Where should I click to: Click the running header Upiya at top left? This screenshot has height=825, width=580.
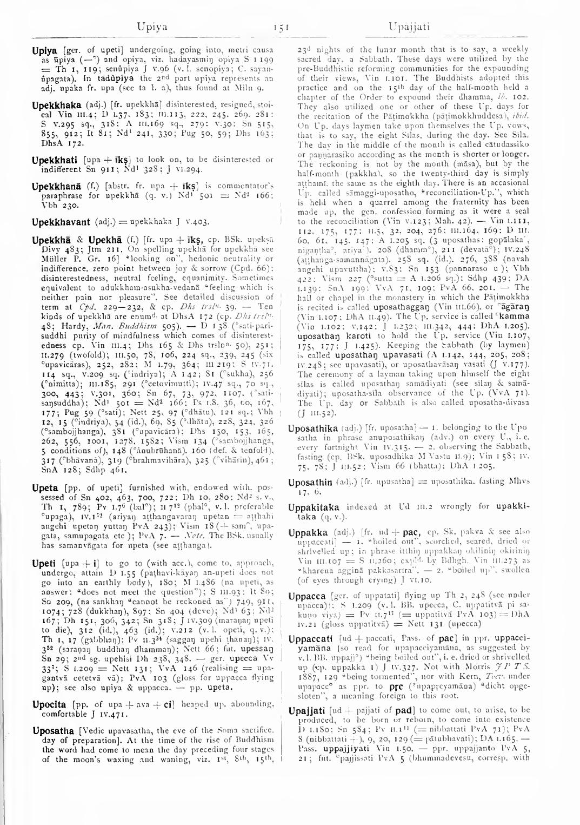click(x=152, y=26)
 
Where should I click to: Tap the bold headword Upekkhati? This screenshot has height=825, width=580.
click(x=55, y=160)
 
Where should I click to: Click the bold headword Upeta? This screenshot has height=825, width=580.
click(x=44, y=488)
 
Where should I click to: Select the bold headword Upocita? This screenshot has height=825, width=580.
click(x=49, y=704)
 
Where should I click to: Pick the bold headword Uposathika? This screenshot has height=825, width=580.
click(x=314, y=429)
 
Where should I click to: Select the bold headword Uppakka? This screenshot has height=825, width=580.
click(x=308, y=533)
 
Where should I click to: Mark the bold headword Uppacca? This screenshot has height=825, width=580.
click(x=307, y=597)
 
